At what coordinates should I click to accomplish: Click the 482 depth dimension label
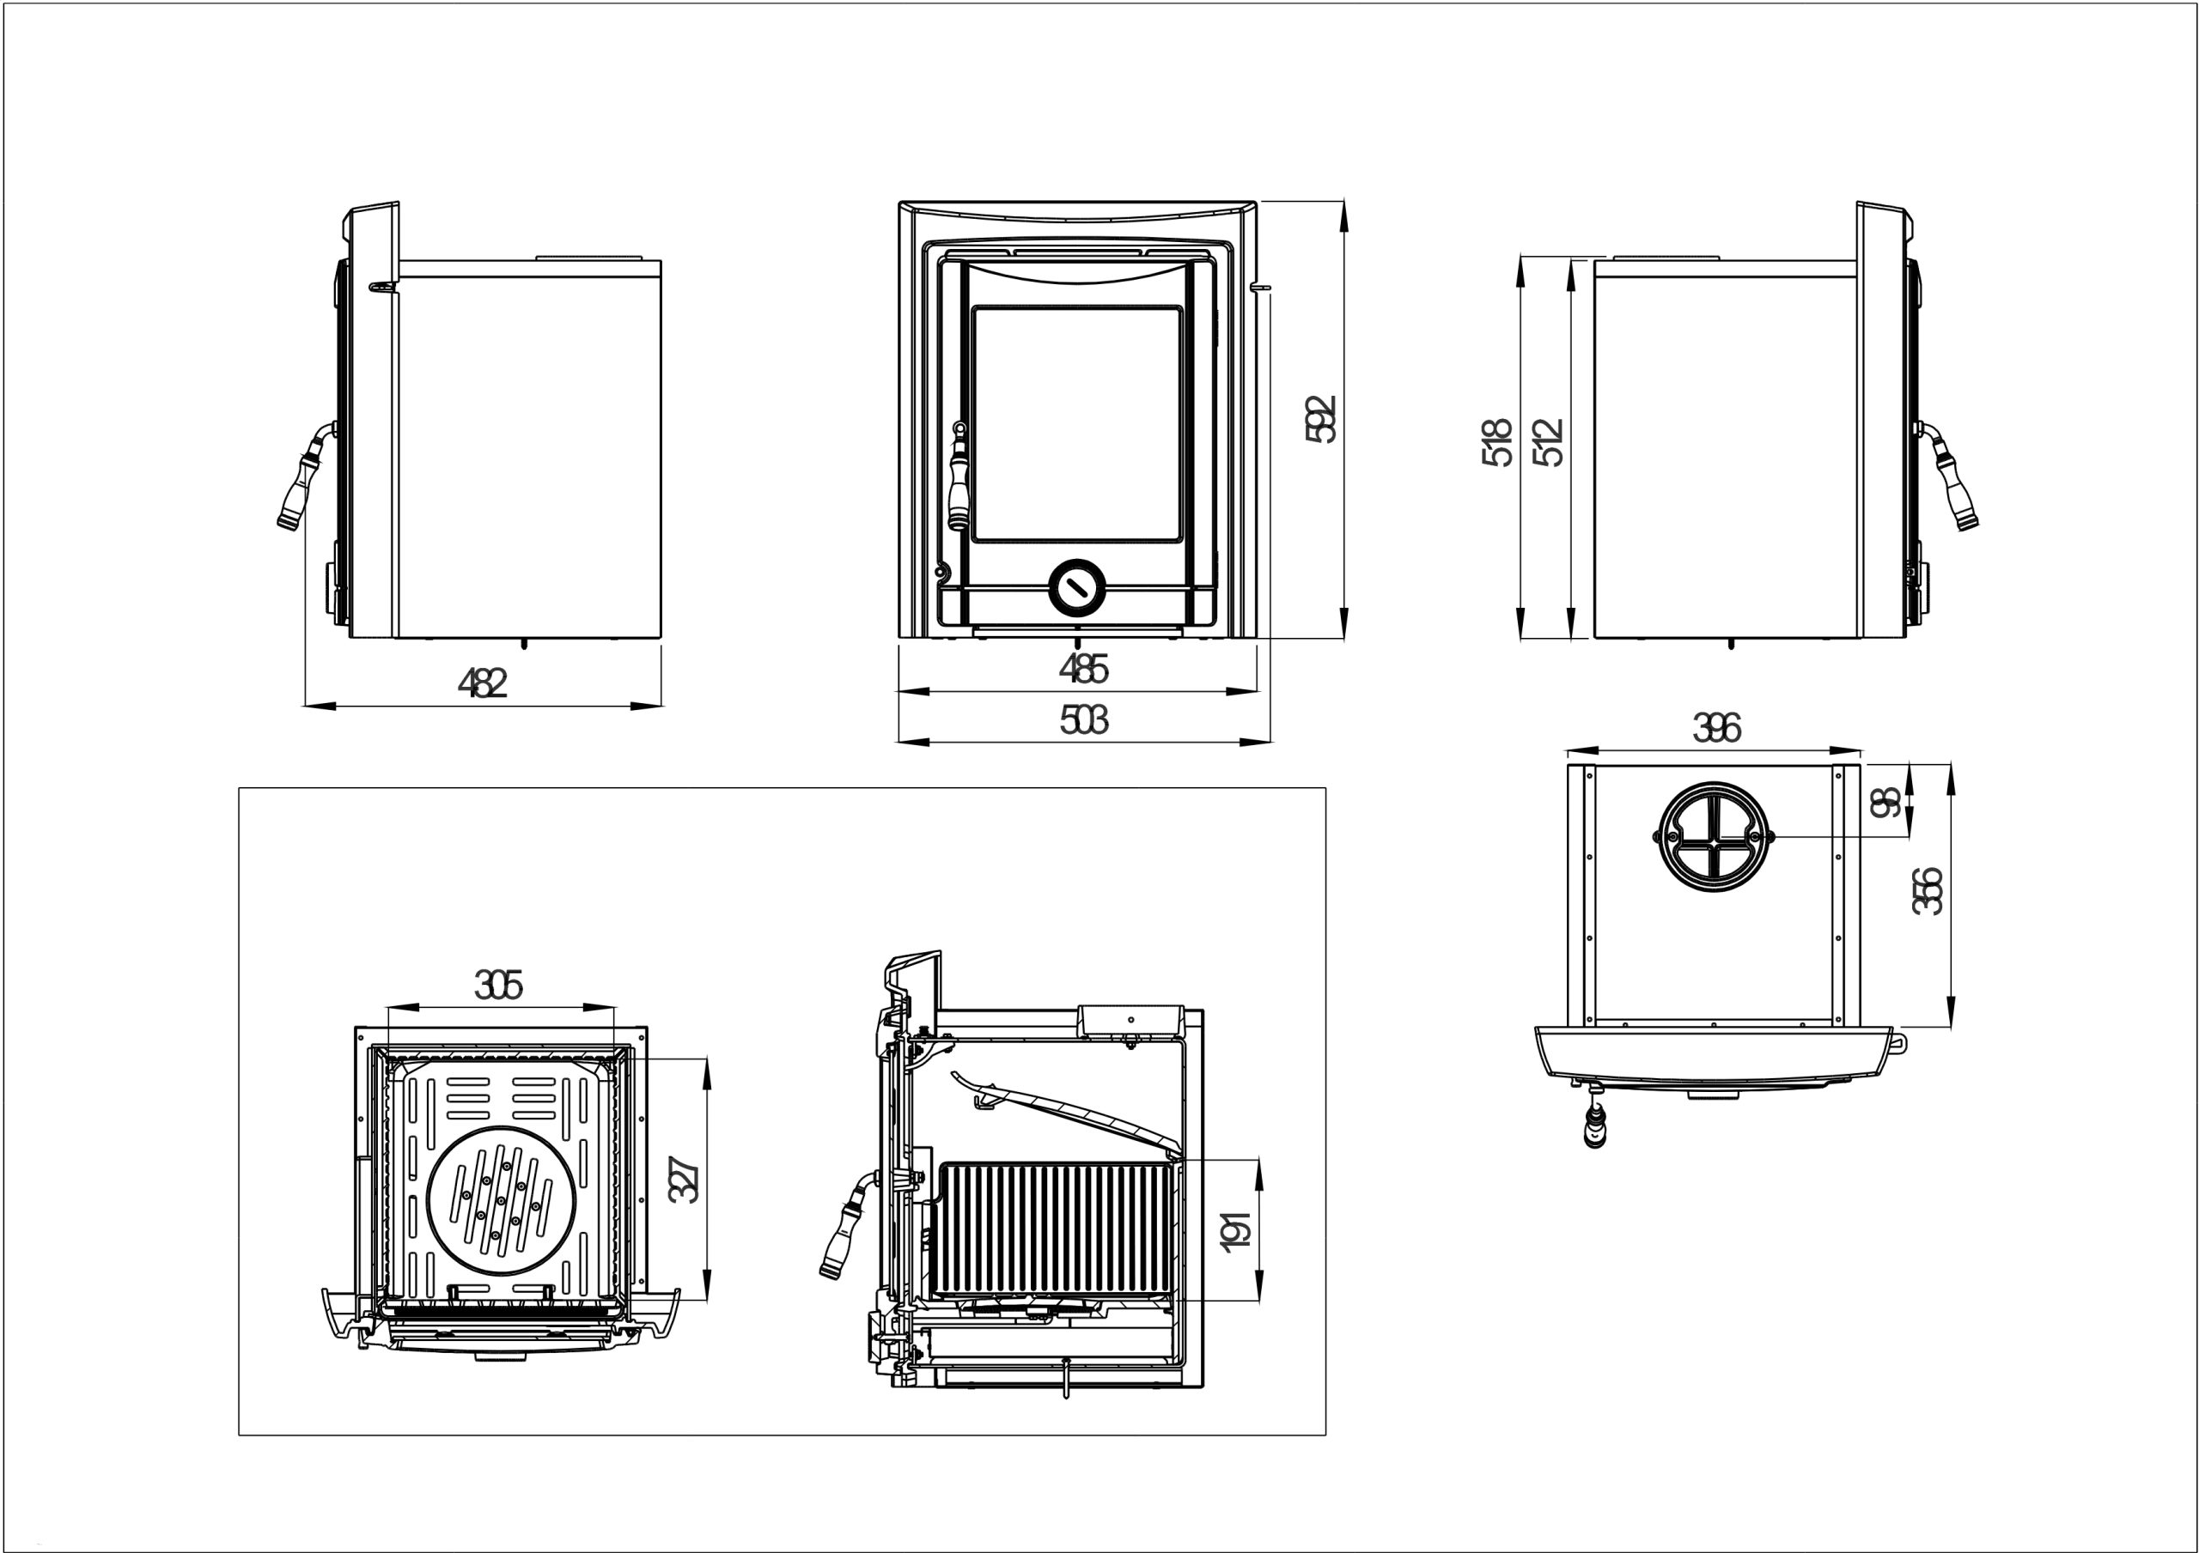(x=482, y=682)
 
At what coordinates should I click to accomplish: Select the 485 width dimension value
(x=1083, y=668)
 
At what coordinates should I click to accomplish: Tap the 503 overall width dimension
(x=1083, y=719)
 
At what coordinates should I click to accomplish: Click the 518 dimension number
(x=1497, y=442)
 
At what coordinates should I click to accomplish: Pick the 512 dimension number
(x=1548, y=442)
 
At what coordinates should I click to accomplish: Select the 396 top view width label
(x=1716, y=729)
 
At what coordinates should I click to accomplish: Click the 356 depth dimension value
(x=1927, y=890)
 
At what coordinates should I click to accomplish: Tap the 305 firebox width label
(x=499, y=986)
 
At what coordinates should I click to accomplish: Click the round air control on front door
(x=1077, y=586)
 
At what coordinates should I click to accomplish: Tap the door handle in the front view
(x=958, y=479)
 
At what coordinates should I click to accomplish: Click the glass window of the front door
(x=1075, y=424)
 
